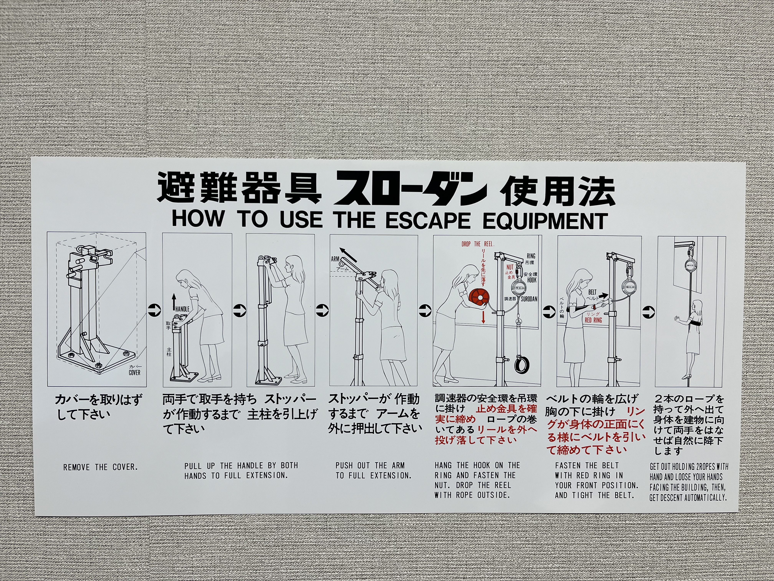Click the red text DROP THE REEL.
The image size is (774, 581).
tap(478, 244)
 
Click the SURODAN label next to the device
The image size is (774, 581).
tap(529, 299)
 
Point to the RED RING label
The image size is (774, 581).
tap(593, 320)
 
